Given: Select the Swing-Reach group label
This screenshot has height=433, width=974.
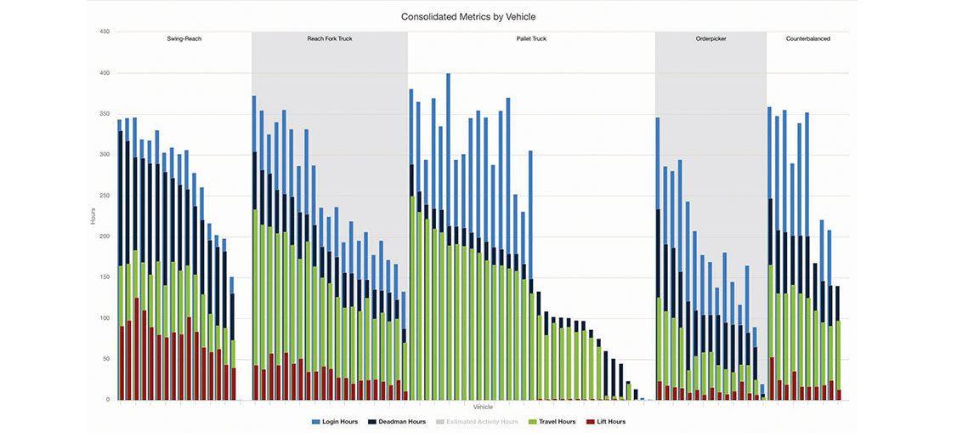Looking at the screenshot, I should (x=184, y=39).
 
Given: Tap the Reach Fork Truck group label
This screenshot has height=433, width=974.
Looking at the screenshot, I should (x=329, y=39).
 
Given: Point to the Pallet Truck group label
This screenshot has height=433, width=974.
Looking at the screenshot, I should (x=531, y=39).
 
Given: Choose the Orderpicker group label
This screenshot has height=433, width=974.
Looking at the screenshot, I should (x=711, y=39).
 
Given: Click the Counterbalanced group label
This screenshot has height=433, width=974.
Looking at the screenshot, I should (x=808, y=39).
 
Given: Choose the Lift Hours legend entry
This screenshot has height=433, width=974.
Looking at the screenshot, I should (x=607, y=422).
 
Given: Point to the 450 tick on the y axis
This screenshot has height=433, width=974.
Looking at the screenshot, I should (x=105, y=32).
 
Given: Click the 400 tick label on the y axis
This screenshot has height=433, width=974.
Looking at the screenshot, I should (x=105, y=73).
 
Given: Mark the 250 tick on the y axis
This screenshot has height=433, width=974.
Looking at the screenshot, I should (x=105, y=196).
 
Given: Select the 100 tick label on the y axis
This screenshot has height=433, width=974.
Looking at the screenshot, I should (x=105, y=318).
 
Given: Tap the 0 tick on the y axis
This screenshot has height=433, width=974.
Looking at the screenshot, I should (x=108, y=400).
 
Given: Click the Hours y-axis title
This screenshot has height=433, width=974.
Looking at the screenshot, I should (x=93, y=216).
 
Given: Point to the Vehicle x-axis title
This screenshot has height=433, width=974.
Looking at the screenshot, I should (x=483, y=407).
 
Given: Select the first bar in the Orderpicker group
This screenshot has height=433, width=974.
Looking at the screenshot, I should (x=658, y=255).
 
